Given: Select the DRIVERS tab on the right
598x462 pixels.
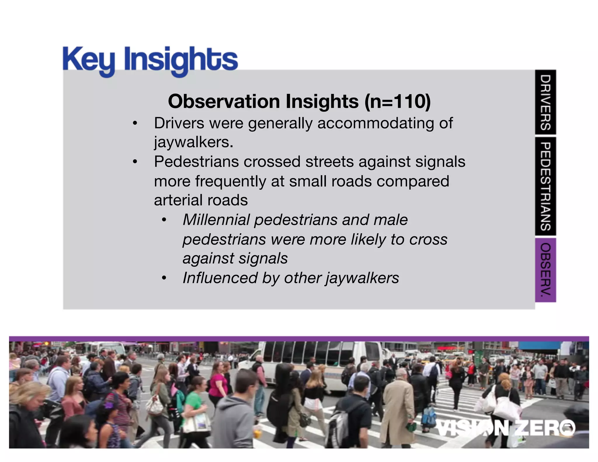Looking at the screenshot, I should coord(545,102).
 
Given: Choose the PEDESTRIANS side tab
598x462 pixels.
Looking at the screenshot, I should coord(545,186).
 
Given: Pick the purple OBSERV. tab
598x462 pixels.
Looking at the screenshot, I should coord(545,270).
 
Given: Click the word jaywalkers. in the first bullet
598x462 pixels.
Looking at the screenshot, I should coord(194,142).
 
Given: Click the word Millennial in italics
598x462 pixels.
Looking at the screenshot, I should coord(216,220).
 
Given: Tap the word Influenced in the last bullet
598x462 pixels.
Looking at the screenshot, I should coord(220,278).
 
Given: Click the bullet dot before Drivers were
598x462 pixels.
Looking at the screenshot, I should coord(135,123).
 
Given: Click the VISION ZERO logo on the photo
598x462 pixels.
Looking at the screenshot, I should coord(505,428).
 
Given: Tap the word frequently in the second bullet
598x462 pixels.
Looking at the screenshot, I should coord(231,181).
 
